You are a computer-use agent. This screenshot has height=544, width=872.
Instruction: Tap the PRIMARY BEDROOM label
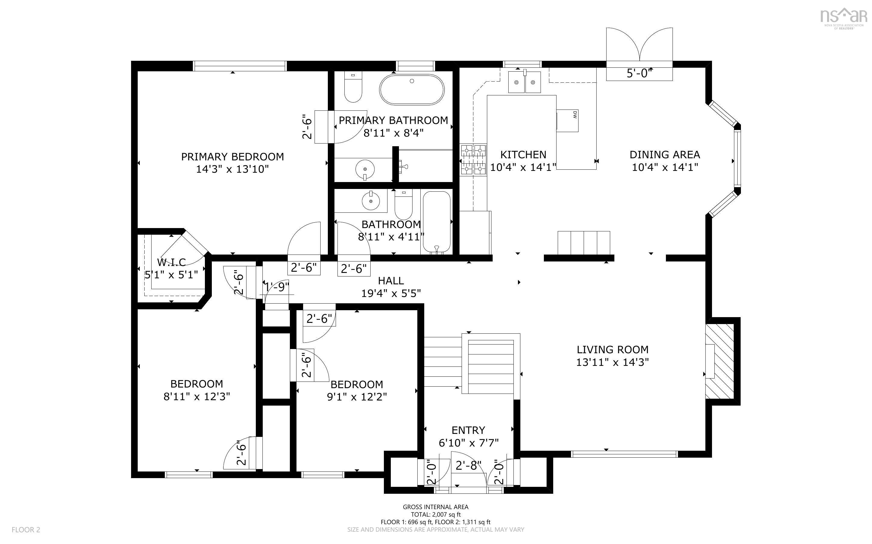(232, 156)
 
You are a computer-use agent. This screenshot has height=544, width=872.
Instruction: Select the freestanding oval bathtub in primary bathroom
(412, 89)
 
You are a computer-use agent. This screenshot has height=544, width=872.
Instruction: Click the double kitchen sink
(524, 82)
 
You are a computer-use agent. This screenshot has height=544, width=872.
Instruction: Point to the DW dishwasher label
(575, 115)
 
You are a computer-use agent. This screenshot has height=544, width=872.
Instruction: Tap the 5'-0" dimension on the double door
(639, 73)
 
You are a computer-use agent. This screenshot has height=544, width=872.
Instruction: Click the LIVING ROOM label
(612, 349)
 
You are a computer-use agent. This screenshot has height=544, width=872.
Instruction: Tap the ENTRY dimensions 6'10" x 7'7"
(468, 443)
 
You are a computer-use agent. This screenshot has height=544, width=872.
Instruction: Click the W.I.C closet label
(171, 262)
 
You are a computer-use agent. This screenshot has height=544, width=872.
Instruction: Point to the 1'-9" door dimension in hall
(277, 287)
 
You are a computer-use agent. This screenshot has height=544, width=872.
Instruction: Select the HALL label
(391, 281)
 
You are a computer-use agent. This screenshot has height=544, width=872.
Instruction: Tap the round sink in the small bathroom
(370, 200)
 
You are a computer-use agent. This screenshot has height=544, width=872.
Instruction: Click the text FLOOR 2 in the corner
(26, 530)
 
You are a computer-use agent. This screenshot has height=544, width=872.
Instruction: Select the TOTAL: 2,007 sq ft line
(435, 515)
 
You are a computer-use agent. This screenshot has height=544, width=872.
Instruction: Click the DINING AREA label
(664, 155)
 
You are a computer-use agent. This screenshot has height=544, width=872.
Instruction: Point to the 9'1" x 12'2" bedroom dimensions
(356, 397)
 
